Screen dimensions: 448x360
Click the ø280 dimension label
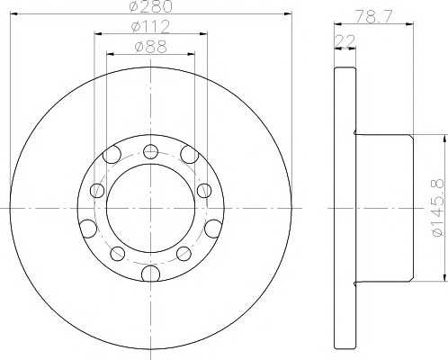point(151,6)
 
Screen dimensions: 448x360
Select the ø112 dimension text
point(151,26)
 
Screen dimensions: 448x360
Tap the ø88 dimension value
point(150,46)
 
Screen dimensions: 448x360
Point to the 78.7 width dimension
point(373,16)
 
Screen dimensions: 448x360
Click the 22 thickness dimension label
point(345,40)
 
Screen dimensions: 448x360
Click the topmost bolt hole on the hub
point(150,151)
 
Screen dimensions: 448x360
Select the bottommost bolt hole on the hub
point(150,274)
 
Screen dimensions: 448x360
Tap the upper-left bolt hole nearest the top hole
point(112,155)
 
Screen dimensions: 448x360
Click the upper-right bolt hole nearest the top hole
point(190,155)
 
